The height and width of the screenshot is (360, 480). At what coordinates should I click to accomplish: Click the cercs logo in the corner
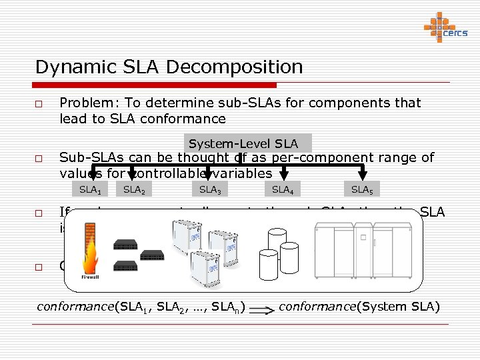pos(445,28)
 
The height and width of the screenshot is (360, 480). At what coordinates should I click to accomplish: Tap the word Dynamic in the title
pos(69,67)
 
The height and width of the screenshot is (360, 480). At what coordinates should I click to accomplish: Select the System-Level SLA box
pos(243,144)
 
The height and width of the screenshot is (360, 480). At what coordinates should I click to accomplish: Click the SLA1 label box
pos(90,189)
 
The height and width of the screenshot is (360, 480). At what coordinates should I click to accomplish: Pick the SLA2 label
pos(134,189)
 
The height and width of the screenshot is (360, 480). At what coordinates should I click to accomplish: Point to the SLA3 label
pos(209,189)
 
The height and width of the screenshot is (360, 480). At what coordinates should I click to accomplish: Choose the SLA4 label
pos(283,189)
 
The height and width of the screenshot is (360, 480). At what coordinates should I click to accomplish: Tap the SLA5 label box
pos(362,189)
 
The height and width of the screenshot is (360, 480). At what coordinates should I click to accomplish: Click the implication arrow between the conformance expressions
pos(262,309)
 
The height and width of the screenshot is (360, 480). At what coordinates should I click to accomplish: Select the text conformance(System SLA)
pos(359,307)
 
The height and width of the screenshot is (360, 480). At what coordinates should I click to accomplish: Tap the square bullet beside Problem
pos(40,105)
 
